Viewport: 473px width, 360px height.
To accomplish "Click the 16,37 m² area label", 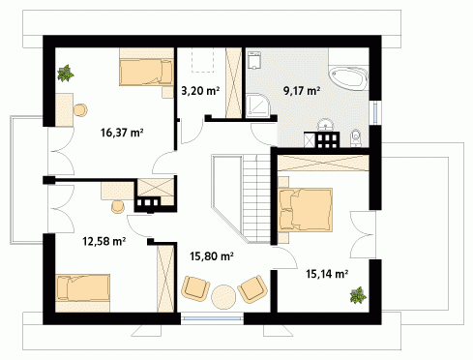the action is click(122, 133).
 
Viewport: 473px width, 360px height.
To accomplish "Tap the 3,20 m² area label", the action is click(200, 91).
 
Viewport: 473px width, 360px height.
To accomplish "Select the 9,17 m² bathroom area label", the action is click(302, 91).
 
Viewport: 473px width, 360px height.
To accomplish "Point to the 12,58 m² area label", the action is click(103, 241).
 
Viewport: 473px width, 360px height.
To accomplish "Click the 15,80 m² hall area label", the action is click(212, 256).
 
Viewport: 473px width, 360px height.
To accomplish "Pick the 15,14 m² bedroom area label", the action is click(327, 274).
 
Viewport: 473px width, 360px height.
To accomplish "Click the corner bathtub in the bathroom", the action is click(348, 78).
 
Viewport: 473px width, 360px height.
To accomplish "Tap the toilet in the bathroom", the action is click(356, 138).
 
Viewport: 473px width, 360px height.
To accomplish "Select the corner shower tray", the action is click(257, 105).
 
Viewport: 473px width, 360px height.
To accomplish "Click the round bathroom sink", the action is click(326, 125).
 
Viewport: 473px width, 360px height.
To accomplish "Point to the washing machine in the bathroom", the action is click(254, 60).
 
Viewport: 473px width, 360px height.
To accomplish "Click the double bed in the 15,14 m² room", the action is click(305, 210).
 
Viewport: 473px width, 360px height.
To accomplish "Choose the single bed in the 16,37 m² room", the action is click(147, 73).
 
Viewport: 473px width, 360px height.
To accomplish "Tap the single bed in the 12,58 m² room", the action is click(83, 287).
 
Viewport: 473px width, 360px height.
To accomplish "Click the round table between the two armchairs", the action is click(223, 297).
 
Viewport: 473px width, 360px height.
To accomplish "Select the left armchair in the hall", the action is click(195, 288).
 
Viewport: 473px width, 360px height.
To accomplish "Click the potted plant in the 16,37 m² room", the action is click(66, 74).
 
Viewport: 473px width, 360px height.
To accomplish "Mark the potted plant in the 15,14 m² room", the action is click(358, 295).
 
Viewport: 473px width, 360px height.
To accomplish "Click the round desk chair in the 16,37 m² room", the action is click(80, 110).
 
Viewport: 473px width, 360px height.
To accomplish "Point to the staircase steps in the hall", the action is click(256, 198).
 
